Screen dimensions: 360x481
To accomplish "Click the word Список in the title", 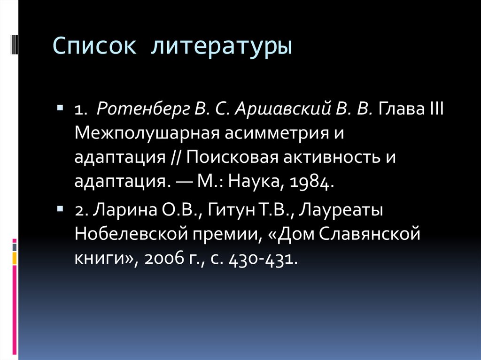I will coord(95,47).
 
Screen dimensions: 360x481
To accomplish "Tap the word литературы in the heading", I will coord(221,48).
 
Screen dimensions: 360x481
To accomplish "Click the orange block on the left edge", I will coord(15,257).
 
